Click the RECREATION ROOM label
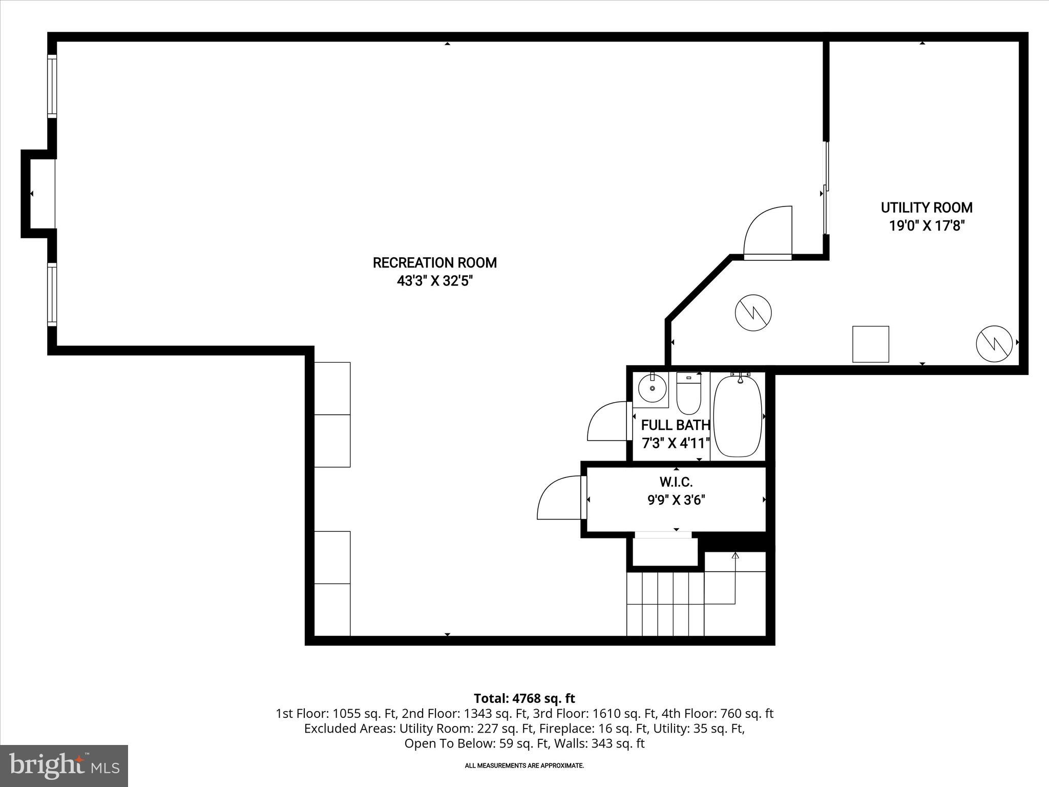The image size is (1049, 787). click(434, 263)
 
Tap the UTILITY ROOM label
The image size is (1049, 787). click(926, 208)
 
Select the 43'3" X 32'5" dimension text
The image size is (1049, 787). click(434, 281)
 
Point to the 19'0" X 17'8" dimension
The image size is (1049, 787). click(926, 226)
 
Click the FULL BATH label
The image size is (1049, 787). click(675, 425)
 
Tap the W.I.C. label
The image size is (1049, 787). click(676, 482)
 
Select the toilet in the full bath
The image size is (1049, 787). click(688, 393)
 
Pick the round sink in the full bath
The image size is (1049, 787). click(652, 388)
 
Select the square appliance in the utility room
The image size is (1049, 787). click(870, 344)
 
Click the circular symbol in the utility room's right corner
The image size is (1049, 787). click(994, 343)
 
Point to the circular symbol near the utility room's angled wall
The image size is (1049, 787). click(753, 313)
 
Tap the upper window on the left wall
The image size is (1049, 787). click(52, 86)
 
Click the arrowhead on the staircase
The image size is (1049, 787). click(736, 555)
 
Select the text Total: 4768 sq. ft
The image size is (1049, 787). click(524, 698)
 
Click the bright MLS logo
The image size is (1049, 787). click(64, 765)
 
